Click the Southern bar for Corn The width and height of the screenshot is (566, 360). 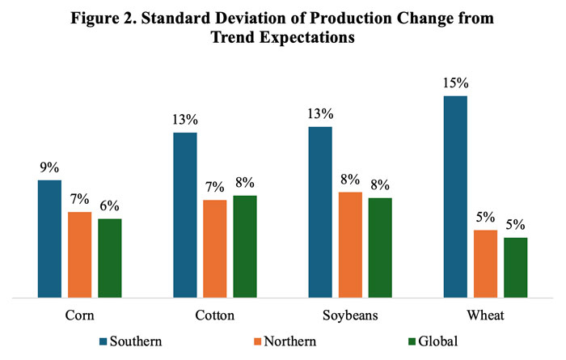pyautogui.click(x=50, y=239)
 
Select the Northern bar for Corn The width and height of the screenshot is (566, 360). pyautogui.click(x=79, y=255)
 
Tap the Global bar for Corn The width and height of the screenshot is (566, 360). pyautogui.click(x=109, y=258)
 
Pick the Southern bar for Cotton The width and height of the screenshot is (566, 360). pyautogui.click(x=185, y=215)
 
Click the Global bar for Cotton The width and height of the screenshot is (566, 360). pyautogui.click(x=244, y=247)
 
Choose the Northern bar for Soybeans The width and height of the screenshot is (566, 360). pyautogui.click(x=350, y=245)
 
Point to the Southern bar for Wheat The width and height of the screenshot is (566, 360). pyautogui.click(x=455, y=197)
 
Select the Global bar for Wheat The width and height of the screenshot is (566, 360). pyautogui.click(x=515, y=268)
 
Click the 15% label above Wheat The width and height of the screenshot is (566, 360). pyautogui.click(x=455, y=83)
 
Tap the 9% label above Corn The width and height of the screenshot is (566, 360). pyautogui.click(x=49, y=167)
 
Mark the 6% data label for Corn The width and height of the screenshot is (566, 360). pyautogui.click(x=110, y=206)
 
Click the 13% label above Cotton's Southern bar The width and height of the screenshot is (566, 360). pyautogui.click(x=185, y=120)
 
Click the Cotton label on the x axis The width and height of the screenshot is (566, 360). pyautogui.click(x=215, y=316)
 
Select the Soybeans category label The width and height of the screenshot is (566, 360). pyautogui.click(x=350, y=316)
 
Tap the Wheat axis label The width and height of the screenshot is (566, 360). pyautogui.click(x=485, y=316)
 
